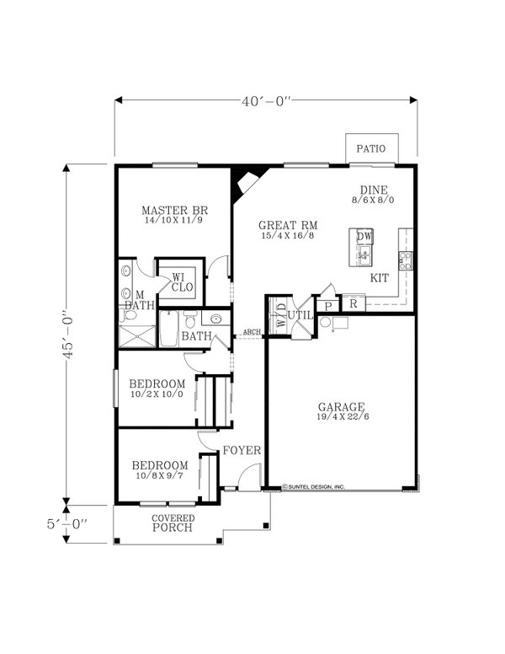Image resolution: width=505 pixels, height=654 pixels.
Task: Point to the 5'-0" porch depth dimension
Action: coord(68,523)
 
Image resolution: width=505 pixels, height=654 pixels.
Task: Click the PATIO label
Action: coord(370,148)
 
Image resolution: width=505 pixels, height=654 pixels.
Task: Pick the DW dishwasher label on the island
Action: coord(364,237)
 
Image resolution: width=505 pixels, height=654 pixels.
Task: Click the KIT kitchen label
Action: coord(380,277)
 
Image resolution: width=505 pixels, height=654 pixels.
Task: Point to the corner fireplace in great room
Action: coord(247,179)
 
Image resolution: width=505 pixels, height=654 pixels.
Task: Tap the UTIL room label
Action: coord(300,314)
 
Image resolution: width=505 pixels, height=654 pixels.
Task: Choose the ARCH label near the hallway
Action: coord(251,332)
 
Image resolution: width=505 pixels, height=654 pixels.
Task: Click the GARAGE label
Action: coord(340,404)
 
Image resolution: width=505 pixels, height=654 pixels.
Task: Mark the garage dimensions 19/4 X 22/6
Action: coord(340,417)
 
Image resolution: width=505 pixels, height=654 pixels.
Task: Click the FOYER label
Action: coord(242,450)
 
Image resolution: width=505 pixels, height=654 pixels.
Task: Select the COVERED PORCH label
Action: coord(173,523)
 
